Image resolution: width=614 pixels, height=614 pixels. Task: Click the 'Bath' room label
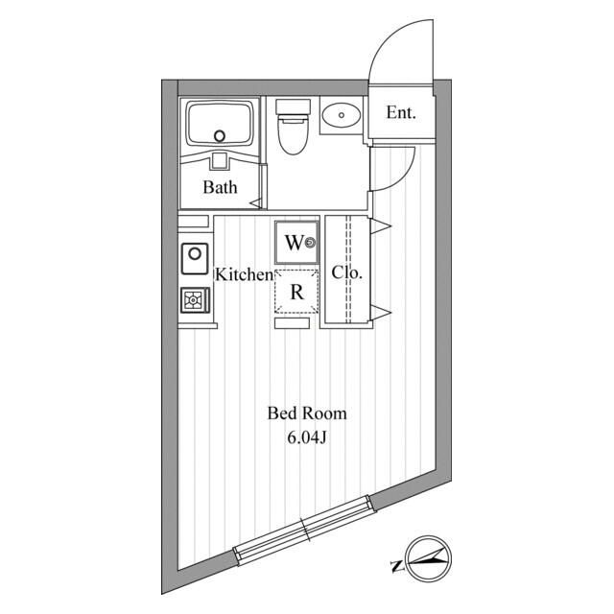220,188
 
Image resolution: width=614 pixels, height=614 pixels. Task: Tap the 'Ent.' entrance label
401,113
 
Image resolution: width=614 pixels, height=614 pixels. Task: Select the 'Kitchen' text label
244,274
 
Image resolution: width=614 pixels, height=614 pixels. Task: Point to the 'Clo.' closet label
347,272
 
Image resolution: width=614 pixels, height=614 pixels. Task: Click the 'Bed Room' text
306,414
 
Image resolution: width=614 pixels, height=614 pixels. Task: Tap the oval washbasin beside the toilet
340,116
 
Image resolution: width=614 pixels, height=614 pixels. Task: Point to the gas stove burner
195,300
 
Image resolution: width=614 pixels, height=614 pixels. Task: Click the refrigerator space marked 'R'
296,293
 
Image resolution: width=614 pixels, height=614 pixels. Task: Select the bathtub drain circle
222,135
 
